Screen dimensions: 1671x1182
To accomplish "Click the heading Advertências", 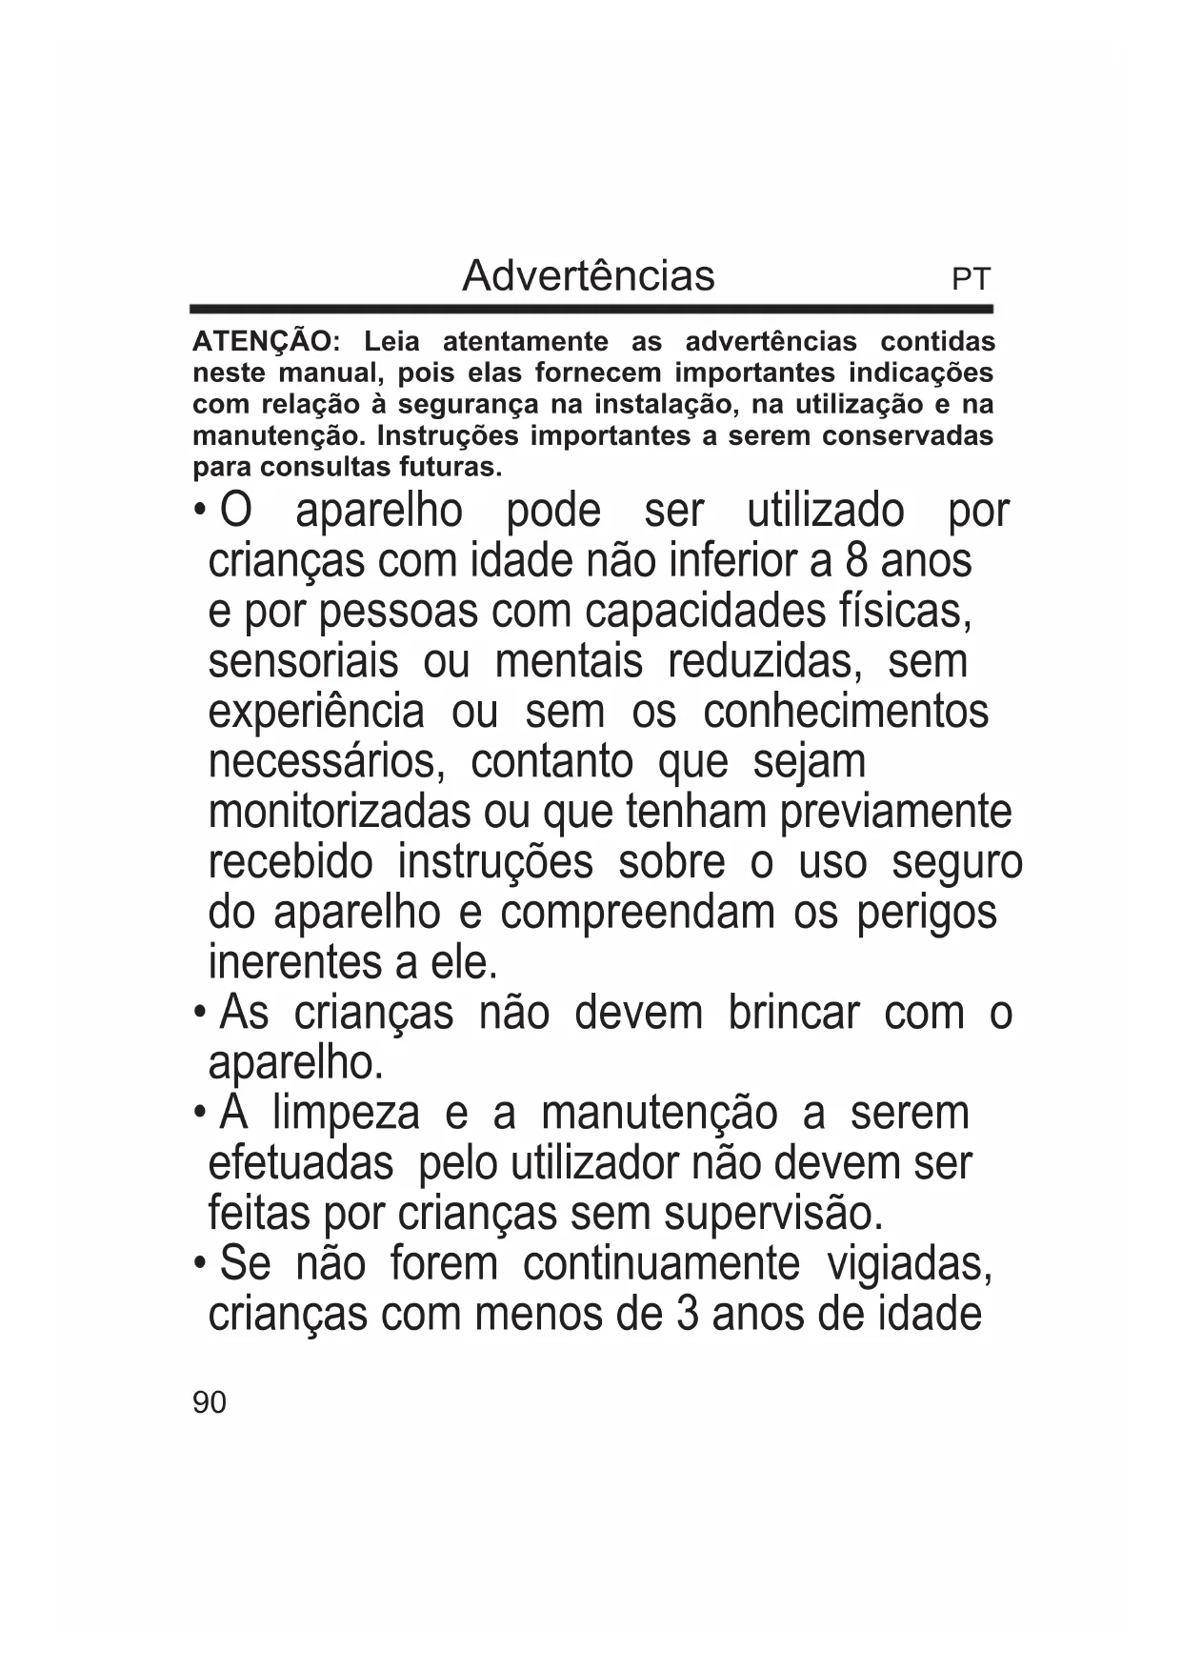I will (x=588, y=276).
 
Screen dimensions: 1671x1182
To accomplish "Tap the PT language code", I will (x=971, y=280).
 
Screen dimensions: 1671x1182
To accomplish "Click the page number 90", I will (x=210, y=1402).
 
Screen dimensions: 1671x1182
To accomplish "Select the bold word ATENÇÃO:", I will (x=266, y=341).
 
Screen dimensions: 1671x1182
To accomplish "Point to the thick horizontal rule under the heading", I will (x=591, y=310).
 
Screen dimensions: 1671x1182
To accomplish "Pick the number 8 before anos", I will (x=855, y=560).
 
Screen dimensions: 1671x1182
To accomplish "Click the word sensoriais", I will (x=303, y=661).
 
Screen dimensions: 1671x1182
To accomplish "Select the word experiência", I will (x=315, y=712).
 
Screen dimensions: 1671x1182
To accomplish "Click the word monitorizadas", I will (x=340, y=813).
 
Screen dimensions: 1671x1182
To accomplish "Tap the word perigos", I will (x=926, y=913).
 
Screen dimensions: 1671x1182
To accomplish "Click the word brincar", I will (x=793, y=1013).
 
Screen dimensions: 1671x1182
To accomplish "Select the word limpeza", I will (x=345, y=1114).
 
